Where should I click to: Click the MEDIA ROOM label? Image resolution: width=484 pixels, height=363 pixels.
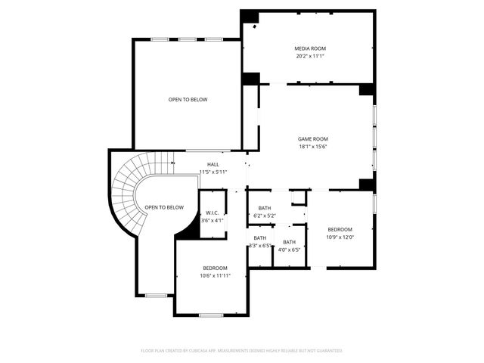point(310,48)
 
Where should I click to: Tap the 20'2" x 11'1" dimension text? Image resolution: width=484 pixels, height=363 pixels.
point(310,56)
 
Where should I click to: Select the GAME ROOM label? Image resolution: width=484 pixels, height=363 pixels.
point(312,139)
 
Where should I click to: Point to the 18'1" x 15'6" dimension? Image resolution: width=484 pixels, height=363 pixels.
point(312,147)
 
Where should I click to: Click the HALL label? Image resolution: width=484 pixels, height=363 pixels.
point(213,164)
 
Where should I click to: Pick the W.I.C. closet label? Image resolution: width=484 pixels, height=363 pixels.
point(212,213)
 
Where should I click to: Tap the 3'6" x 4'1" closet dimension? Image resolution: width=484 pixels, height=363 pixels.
point(212,221)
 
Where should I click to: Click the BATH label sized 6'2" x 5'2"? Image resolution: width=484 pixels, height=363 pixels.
point(265,208)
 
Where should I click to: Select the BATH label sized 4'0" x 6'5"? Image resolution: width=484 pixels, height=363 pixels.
point(290,242)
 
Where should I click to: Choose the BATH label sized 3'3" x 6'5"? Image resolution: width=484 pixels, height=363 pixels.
point(260,238)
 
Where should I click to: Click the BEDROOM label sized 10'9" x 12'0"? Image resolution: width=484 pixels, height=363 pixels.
point(340,229)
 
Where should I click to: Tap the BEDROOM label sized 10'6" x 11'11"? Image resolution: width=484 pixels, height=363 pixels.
point(215,268)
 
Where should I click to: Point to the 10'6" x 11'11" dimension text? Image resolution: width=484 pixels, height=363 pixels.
point(215,275)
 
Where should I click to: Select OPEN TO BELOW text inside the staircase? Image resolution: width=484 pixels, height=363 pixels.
point(164,207)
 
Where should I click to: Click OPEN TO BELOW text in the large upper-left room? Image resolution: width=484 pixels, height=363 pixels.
point(188,100)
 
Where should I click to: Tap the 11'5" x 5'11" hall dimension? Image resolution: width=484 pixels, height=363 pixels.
point(213,172)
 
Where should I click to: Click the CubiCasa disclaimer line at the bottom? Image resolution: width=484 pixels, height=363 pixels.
point(242,351)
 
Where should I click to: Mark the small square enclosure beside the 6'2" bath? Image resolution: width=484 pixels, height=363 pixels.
point(299,197)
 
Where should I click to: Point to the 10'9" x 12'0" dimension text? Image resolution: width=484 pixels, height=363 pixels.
point(340,237)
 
